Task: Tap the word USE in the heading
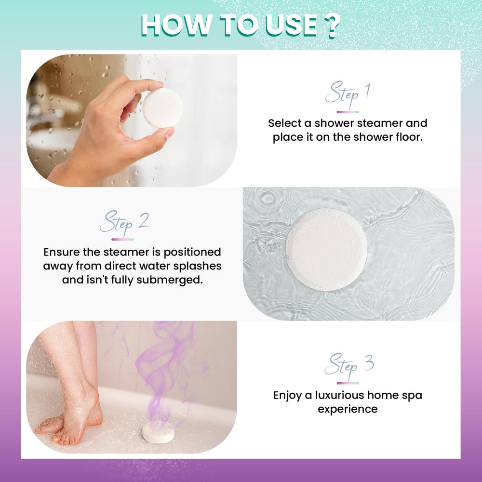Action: click(291, 26)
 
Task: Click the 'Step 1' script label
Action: click(348, 94)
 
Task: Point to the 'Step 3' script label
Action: click(349, 366)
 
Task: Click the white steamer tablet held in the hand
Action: click(162, 107)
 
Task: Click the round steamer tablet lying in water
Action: click(326, 250)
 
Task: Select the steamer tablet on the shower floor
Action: click(158, 432)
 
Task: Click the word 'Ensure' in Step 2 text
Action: click(62, 252)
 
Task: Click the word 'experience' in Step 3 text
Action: click(348, 409)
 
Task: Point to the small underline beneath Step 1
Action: click(348, 112)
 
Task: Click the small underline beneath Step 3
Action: click(348, 383)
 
